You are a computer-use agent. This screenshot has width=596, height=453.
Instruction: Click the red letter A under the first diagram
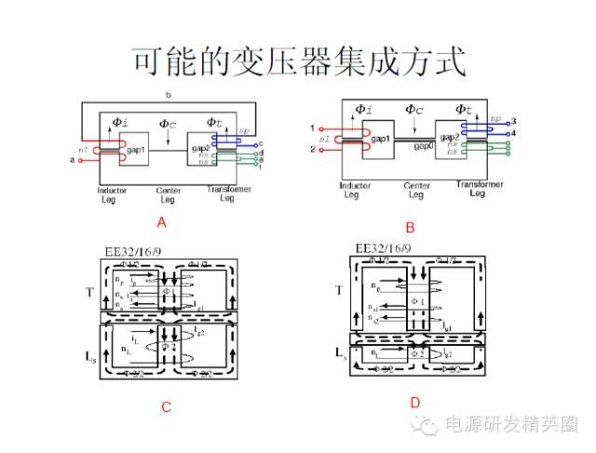point(161,222)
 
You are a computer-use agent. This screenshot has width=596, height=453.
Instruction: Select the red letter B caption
point(410,226)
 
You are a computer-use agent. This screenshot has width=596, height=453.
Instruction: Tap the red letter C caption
point(165,406)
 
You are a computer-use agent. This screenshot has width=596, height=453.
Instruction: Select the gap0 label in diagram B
point(425,146)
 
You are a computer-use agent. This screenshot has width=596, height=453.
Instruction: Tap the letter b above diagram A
point(168,96)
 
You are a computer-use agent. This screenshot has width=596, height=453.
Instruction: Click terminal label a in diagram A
point(72,161)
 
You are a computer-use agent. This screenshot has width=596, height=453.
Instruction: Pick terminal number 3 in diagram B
point(513,122)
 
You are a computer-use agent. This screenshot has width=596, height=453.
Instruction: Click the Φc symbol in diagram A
point(168,124)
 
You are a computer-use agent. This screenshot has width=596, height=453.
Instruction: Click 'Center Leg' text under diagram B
point(416,191)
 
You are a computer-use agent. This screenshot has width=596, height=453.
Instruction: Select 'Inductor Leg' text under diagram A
point(112,195)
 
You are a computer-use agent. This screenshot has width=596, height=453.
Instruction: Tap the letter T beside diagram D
point(339,291)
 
